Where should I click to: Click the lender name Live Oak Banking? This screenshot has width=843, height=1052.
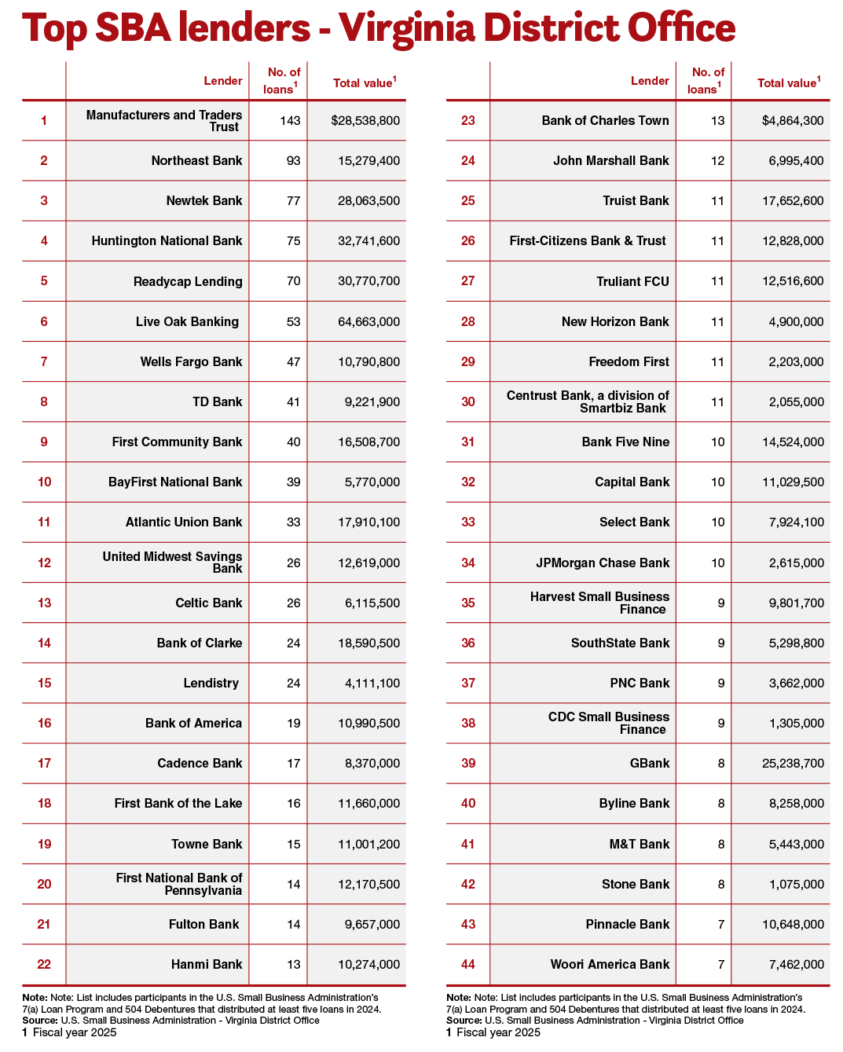point(187,321)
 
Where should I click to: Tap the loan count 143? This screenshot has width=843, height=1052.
point(290,121)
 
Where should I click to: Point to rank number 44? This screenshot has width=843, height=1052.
point(468,964)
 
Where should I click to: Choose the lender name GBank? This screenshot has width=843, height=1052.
point(650,763)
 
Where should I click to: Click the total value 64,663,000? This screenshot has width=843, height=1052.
point(368,321)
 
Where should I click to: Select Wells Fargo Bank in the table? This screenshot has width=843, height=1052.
point(191,361)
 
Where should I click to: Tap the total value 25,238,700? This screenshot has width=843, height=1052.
point(793,763)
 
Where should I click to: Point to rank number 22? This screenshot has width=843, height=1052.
point(44,964)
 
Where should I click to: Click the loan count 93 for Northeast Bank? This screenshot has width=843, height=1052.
point(293,160)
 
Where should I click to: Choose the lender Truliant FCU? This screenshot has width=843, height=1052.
point(632,281)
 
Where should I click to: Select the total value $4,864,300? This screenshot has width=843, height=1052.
point(793,121)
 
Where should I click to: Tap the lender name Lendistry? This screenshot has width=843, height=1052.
point(211,683)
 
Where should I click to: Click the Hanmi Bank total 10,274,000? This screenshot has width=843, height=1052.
point(368,964)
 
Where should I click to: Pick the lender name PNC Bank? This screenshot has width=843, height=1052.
point(640,683)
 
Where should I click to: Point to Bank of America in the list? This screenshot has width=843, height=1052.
point(193,723)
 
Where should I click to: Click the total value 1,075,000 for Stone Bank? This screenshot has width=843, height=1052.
point(797,884)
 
